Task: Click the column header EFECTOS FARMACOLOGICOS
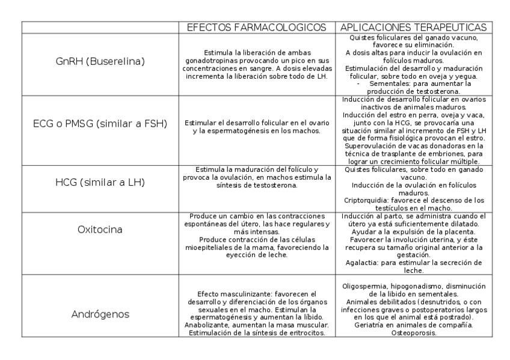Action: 257,28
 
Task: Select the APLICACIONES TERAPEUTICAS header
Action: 414,28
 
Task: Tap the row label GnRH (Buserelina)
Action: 99,61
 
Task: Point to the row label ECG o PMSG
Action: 99,124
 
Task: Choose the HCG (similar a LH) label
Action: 99,182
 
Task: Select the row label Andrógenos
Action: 99,314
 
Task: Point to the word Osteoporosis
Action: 414,332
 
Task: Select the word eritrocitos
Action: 306,332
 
